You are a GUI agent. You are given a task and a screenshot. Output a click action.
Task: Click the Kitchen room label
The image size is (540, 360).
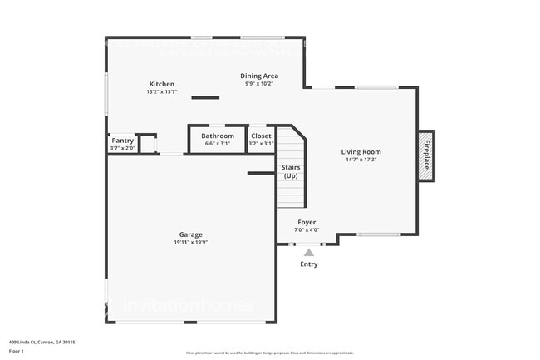tap(162, 84)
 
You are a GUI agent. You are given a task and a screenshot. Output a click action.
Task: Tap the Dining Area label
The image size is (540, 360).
tap(259, 76)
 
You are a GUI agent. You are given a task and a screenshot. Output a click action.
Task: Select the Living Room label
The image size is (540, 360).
tap(361, 151)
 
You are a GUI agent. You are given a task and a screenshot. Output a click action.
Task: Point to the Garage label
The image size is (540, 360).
tap(190, 234)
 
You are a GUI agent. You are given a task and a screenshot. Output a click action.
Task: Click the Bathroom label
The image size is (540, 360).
tap(218, 136)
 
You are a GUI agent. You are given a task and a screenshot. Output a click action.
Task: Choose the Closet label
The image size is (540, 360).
tap(261, 136)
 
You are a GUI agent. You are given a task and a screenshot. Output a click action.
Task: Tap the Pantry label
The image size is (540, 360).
tap(123, 141)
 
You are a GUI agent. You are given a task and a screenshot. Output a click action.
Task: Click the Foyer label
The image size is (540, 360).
tap(307, 223)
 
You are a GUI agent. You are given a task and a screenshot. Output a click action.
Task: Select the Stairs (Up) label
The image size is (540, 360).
tap(291, 171)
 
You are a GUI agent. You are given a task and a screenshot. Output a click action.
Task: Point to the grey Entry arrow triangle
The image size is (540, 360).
tap(308, 252)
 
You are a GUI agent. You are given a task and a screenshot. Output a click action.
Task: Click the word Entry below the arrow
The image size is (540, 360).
tap(308, 264)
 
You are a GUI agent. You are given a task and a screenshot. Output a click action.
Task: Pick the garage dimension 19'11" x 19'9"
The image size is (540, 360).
tap(190, 243)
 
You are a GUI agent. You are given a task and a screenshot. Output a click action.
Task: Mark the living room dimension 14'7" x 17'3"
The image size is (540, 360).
tap(361, 160)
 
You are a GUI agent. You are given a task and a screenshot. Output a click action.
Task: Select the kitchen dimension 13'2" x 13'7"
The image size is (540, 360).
tap(162, 91)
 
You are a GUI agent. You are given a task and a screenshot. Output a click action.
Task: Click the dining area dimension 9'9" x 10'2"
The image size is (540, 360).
tap(259, 83)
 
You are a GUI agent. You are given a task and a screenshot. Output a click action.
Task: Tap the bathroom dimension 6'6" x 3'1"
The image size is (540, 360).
tap(218, 143)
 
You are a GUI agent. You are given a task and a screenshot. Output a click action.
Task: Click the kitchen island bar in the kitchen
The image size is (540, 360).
tap(204, 98)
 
